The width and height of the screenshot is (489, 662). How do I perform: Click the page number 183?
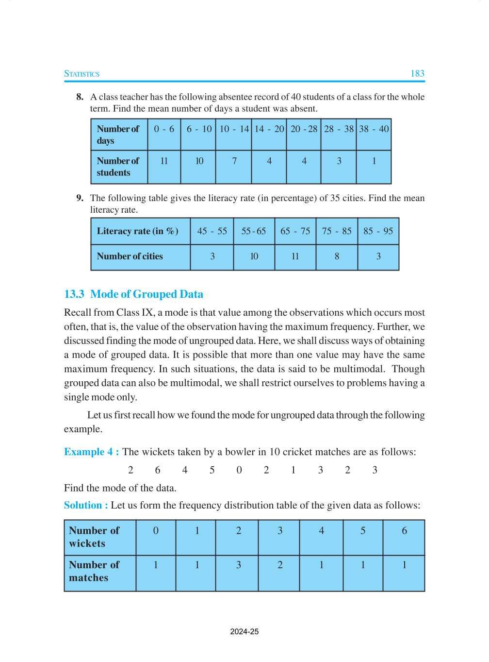click(x=417, y=74)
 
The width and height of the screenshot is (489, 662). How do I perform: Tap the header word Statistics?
click(x=81, y=74)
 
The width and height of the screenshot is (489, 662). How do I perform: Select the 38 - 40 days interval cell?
click(x=374, y=129)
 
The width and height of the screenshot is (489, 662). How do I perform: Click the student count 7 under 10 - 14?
click(x=234, y=161)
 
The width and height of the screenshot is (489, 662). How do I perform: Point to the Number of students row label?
click(x=117, y=167)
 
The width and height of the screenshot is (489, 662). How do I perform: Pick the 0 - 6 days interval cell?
click(x=164, y=129)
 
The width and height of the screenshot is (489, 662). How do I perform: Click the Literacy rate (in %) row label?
click(x=137, y=231)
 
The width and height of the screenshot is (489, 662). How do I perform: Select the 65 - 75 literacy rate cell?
click(x=295, y=231)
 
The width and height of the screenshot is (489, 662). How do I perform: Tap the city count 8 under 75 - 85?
click(x=337, y=256)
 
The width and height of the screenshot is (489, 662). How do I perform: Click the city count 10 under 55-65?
click(x=254, y=256)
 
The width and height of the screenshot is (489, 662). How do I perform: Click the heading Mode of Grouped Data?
click(x=147, y=294)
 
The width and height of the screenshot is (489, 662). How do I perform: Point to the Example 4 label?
click(x=91, y=452)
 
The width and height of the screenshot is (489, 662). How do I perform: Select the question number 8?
click(x=80, y=97)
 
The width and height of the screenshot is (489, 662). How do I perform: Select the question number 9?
click(x=80, y=198)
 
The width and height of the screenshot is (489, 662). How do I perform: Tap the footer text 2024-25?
click(x=244, y=632)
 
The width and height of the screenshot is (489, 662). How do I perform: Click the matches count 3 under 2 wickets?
click(x=238, y=565)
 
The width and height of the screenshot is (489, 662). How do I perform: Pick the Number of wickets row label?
click(x=94, y=537)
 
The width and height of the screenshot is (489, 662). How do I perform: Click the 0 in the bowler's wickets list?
click(x=239, y=470)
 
